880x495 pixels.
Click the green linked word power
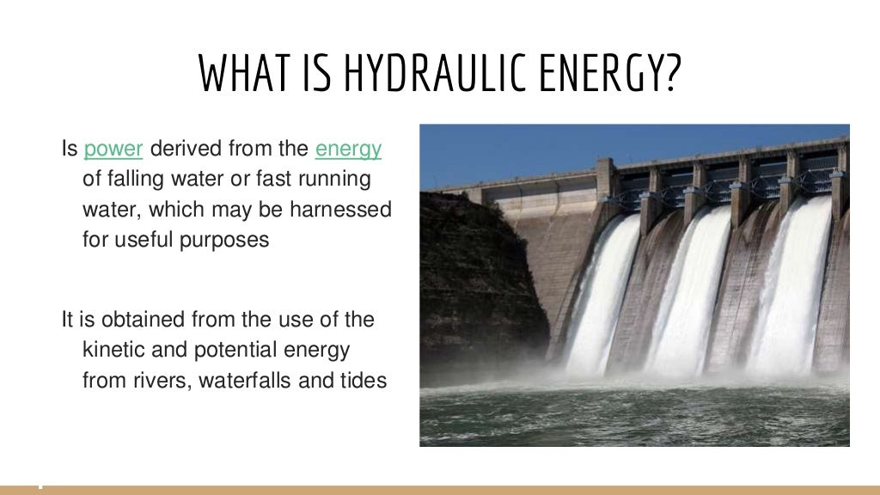click(113, 149)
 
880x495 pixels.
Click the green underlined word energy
click(348, 149)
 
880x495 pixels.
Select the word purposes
click(224, 239)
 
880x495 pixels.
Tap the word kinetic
click(114, 350)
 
